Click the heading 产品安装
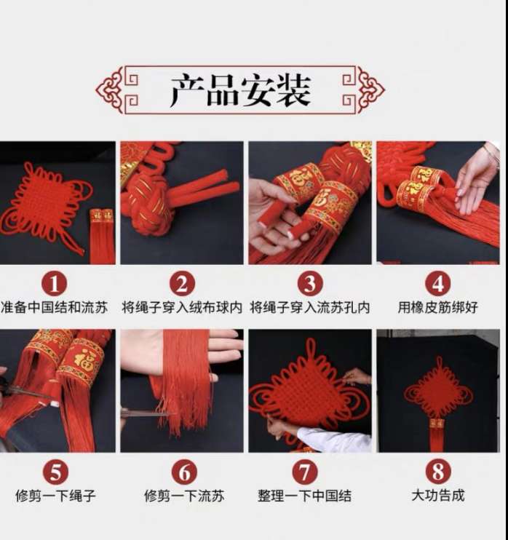pyautogui.click(x=241, y=90)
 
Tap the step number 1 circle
pyautogui.click(x=55, y=283)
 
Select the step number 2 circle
pyautogui.click(x=182, y=283)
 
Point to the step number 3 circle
pyautogui.click(x=310, y=283)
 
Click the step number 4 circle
pyautogui.click(x=437, y=283)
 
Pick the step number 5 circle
pyautogui.click(x=55, y=472)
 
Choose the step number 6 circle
pyautogui.click(x=185, y=472)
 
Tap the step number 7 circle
pyautogui.click(x=305, y=472)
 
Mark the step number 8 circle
pyautogui.click(x=438, y=472)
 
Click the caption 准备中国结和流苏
pyautogui.click(x=54, y=307)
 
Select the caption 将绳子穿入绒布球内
pyautogui.click(x=182, y=307)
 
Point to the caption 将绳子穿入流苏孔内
pyautogui.click(x=310, y=307)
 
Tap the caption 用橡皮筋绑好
pyautogui.click(x=437, y=307)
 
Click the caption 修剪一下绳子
pyautogui.click(x=55, y=496)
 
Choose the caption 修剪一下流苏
pyautogui.click(x=184, y=496)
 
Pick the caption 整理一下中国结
pyautogui.click(x=305, y=496)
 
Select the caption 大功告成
pyautogui.click(x=438, y=495)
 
